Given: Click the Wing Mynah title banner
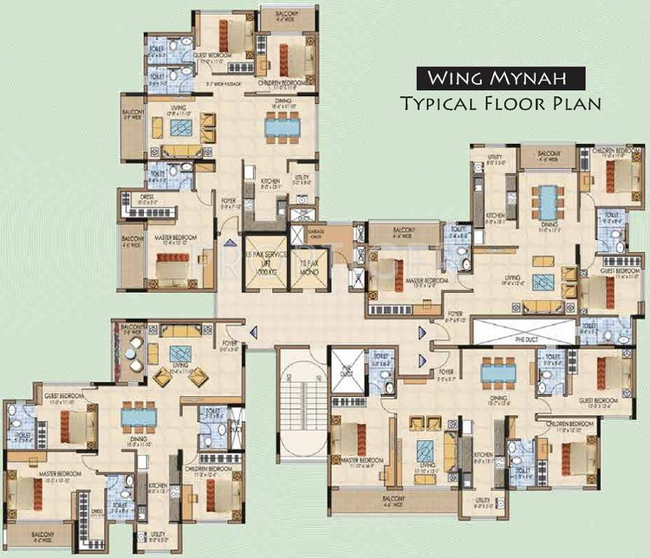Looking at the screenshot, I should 500,76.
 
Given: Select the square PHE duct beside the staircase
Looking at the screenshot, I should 346,369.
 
